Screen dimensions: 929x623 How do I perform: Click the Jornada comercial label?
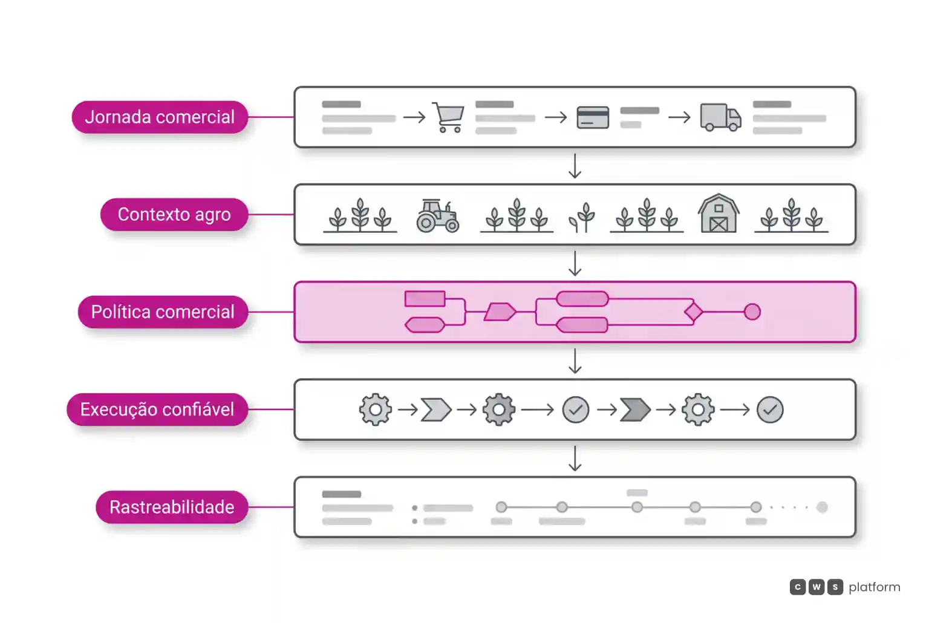160,117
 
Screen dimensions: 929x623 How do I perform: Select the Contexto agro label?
174,215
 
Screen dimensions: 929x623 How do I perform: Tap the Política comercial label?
163,312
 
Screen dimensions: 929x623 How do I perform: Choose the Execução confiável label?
157,409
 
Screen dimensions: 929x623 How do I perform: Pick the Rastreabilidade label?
172,507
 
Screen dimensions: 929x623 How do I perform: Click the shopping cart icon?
448,117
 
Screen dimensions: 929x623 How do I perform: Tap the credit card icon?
593,117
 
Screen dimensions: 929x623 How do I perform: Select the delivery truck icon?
721,117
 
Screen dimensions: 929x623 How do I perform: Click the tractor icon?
438,216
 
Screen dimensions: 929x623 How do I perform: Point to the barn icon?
719,214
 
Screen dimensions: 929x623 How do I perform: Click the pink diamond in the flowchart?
694,312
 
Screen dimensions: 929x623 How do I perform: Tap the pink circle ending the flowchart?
752,312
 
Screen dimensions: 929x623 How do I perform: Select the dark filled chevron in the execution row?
635,410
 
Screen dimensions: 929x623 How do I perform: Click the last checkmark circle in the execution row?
770,410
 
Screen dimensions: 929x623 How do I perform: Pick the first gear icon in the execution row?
376,410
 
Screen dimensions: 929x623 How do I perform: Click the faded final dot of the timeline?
822,507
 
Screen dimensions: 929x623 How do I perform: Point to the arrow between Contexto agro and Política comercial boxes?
575,263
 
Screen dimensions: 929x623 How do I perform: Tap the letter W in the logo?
817,587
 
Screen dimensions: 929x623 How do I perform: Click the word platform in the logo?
875,587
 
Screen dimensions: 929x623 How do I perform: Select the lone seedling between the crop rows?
582,217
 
